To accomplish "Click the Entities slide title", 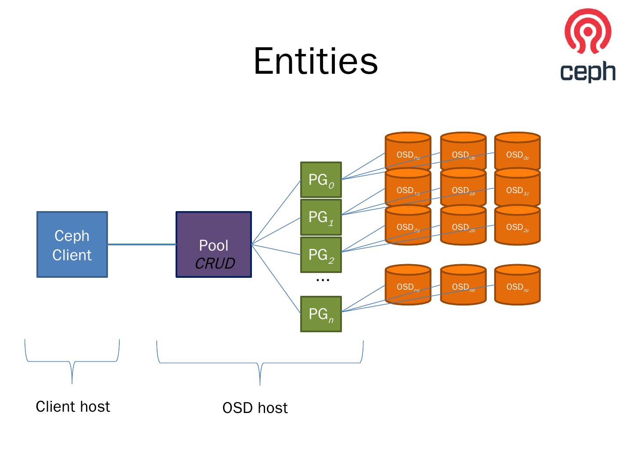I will click(x=316, y=61).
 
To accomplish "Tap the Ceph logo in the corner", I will click(x=588, y=46).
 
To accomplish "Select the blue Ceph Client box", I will click(x=72, y=244).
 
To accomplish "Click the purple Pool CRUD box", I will click(x=214, y=244).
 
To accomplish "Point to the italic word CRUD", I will click(x=215, y=263).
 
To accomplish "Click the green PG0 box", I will click(x=321, y=180).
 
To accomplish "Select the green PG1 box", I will click(x=321, y=217).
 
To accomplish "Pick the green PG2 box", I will click(x=321, y=255).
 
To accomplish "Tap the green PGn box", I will click(x=321, y=314).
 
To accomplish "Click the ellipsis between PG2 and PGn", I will click(x=323, y=280).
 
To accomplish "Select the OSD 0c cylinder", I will click(x=517, y=151).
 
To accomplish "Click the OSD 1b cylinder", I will click(x=463, y=187).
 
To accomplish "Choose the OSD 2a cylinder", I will click(x=408, y=224).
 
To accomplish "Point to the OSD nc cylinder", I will click(x=517, y=284).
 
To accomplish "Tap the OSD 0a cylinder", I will click(x=408, y=151).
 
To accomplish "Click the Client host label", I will click(x=73, y=406).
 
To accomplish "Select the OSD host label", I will click(x=255, y=408).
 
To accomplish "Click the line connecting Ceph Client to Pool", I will click(x=142, y=244).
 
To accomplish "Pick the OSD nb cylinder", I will click(x=463, y=284).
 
